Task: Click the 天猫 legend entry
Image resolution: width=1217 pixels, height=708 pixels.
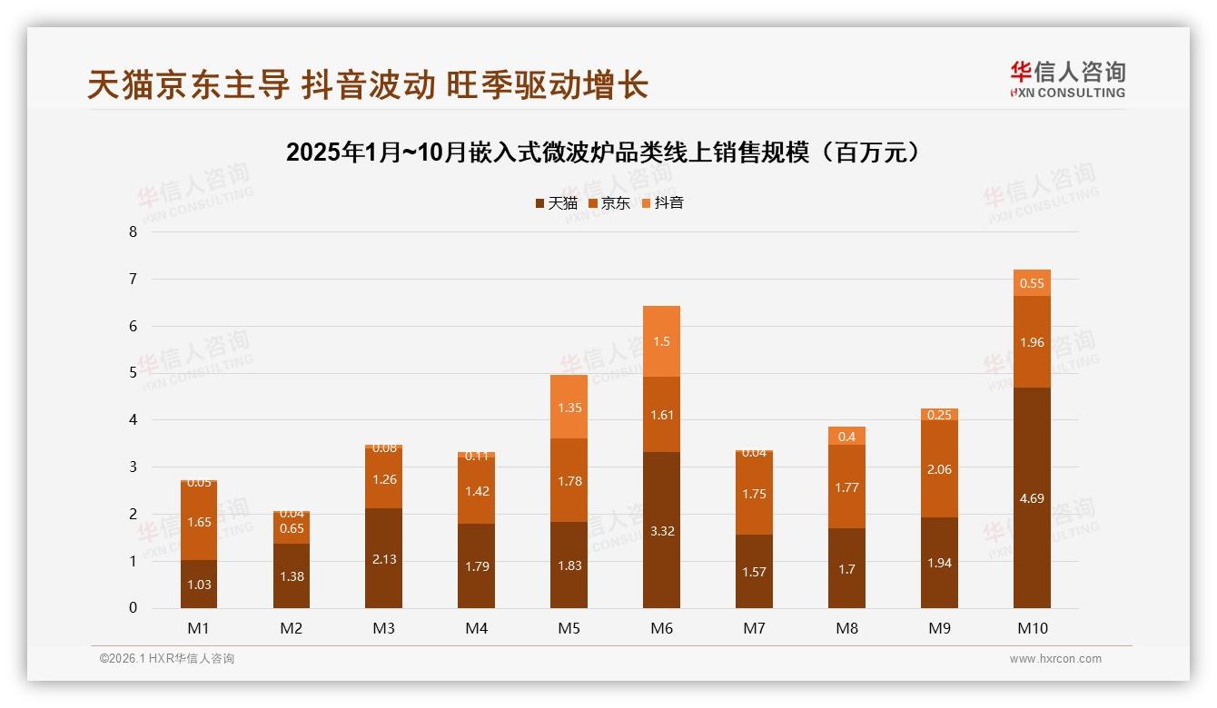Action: pyautogui.click(x=556, y=203)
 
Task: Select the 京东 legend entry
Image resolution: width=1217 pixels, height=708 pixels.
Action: pyautogui.click(x=609, y=203)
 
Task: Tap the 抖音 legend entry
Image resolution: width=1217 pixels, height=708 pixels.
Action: pyautogui.click(x=663, y=203)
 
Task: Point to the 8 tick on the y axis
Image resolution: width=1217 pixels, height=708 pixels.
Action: pyautogui.click(x=133, y=231)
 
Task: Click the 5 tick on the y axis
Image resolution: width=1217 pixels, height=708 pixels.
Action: pyautogui.click(x=133, y=372)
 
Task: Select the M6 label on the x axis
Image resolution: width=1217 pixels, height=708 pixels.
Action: pyautogui.click(x=661, y=628)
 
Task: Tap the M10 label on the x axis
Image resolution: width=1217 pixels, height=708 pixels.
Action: pyautogui.click(x=1032, y=628)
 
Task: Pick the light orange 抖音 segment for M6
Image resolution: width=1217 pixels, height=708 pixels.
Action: pyautogui.click(x=661, y=341)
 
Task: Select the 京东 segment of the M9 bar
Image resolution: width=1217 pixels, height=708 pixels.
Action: pyautogui.click(x=939, y=468)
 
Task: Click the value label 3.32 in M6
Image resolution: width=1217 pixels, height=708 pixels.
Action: pyautogui.click(x=661, y=531)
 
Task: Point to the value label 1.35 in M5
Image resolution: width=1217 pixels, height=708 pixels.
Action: pyautogui.click(x=569, y=408)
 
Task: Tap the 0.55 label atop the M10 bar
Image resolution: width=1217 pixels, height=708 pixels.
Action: pyautogui.click(x=1032, y=283)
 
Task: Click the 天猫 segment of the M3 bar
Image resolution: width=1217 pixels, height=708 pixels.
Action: pyautogui.click(x=383, y=558)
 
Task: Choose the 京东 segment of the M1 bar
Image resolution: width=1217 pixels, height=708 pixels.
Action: pyautogui.click(x=198, y=521)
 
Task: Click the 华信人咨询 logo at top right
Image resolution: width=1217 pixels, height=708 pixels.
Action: pyautogui.click(x=1067, y=79)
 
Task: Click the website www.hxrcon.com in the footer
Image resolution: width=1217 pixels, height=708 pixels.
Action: pyautogui.click(x=1055, y=659)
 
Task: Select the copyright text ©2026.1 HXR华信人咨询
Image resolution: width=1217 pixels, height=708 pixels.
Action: pyautogui.click(x=166, y=659)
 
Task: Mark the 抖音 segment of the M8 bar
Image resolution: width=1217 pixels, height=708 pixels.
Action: pyautogui.click(x=846, y=436)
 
